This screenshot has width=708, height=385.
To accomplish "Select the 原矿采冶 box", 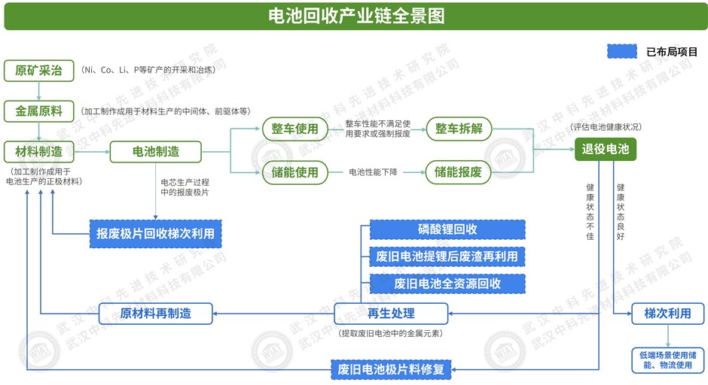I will pos(39,71).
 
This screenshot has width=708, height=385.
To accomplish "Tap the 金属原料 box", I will pos(39,111).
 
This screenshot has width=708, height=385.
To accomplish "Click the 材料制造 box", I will pos(39,151).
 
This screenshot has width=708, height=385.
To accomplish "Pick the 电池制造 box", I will pos(156,151).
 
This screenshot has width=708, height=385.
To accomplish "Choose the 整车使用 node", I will pos(294,129).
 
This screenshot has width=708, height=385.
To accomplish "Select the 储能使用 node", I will pos(294,172).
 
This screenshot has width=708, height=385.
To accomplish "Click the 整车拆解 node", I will pos(459,129).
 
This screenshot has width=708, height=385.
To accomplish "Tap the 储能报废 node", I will pos(459,172).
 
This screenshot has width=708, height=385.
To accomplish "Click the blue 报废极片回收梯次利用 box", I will pos(155,234).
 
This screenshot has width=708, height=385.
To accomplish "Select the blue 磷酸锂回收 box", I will pos(447,229).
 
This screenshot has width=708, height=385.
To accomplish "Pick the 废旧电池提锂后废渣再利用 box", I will pos(447,256).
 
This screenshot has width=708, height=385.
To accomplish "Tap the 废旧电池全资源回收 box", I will pos(447,283).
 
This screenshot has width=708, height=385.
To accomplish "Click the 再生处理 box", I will pos(391,313).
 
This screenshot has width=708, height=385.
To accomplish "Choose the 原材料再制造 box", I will pos(155,313).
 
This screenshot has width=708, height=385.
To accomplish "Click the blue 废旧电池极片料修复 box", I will pos(391,369).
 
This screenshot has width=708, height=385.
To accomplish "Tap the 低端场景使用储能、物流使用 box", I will pos(668,359).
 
